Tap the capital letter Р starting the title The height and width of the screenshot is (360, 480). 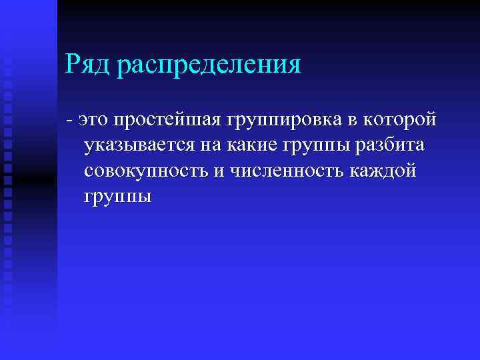tap(73, 65)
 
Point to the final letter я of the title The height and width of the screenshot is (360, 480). tap(294, 67)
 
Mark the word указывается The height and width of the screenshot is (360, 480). tap(136, 146)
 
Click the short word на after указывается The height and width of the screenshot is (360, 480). tap(203, 146)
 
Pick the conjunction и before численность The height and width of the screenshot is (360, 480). tap(219, 171)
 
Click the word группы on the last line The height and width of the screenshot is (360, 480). tap(118, 198)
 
